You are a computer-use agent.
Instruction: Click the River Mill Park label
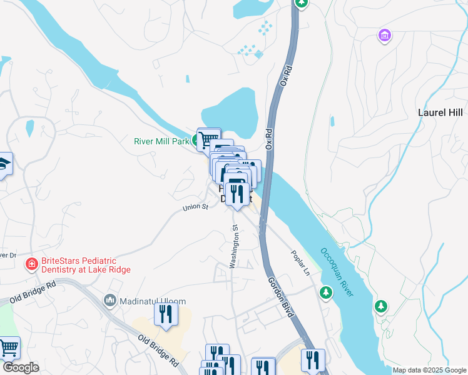(161, 141)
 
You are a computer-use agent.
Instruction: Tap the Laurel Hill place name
(440, 112)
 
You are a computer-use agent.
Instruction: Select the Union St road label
(195, 207)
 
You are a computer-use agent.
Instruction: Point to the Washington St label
(233, 247)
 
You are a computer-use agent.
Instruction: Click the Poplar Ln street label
(300, 263)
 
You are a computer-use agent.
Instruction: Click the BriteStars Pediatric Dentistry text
(86, 265)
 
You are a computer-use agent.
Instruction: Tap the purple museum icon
(384, 36)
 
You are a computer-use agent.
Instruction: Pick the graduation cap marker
(3, 164)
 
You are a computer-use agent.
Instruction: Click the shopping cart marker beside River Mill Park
(208, 138)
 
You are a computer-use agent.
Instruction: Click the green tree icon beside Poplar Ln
(325, 292)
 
